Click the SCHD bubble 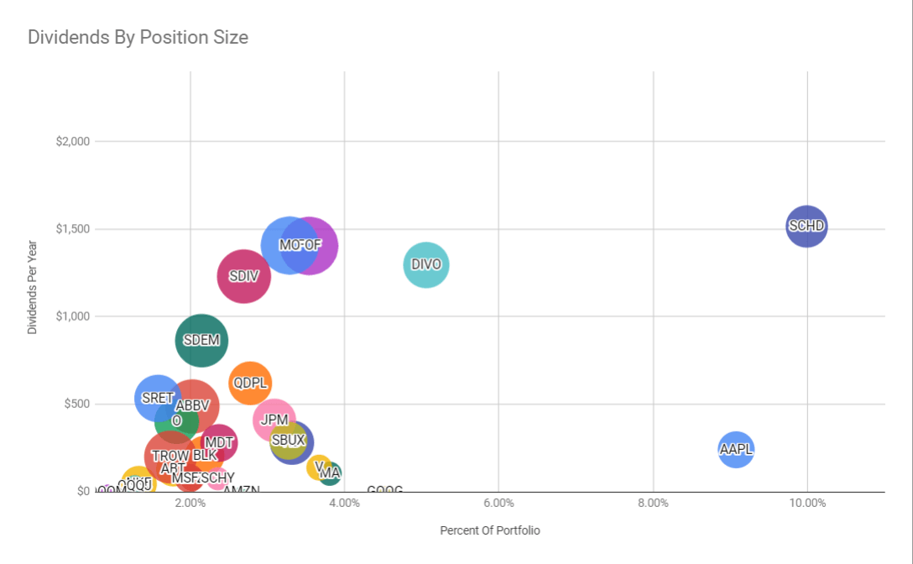[806, 226]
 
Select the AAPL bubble [736, 449]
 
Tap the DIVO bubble [426, 264]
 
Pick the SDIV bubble [243, 275]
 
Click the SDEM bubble [201, 340]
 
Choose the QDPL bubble [250, 383]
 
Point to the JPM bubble [274, 419]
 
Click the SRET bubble [157, 398]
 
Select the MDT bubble [219, 442]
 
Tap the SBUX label [289, 440]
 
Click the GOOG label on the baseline [384, 489]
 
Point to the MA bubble [331, 473]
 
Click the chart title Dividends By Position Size [138, 38]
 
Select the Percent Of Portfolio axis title [490, 530]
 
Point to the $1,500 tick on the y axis [72, 229]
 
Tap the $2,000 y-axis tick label [72, 141]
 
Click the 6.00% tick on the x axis [498, 503]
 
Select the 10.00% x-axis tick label [807, 503]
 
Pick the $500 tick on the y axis [76, 404]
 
